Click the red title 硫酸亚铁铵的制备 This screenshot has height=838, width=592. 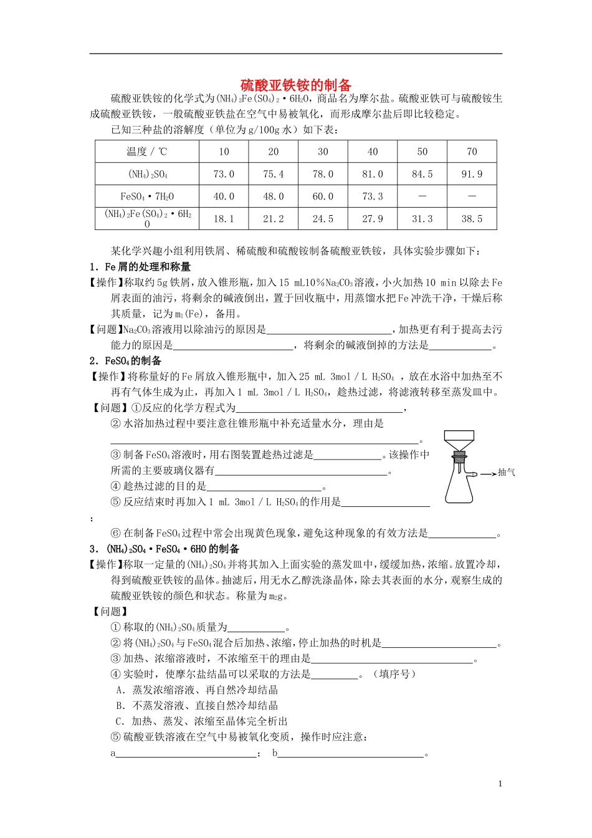(296, 85)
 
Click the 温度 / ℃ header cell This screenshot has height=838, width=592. (147, 152)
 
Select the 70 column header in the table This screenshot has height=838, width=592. (472, 152)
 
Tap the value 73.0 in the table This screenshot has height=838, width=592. (224, 174)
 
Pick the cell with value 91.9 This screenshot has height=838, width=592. (472, 174)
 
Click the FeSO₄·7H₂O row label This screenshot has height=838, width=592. (147, 196)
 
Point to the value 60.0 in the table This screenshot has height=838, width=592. (323, 196)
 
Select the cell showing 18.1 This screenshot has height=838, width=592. (224, 219)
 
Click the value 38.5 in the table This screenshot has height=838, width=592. (472, 219)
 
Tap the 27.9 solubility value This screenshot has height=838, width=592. (373, 219)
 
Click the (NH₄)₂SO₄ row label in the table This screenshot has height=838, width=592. (147, 174)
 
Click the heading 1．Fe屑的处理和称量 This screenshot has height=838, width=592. (140, 267)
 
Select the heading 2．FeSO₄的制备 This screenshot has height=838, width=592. (125, 360)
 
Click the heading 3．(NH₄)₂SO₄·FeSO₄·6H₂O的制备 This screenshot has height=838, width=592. (165, 549)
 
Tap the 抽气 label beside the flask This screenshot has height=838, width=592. (506, 473)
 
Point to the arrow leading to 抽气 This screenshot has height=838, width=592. (488, 473)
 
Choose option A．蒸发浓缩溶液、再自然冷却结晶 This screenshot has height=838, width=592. (197, 690)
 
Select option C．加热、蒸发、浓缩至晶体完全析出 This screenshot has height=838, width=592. (202, 721)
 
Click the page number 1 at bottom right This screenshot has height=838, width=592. (500, 784)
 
